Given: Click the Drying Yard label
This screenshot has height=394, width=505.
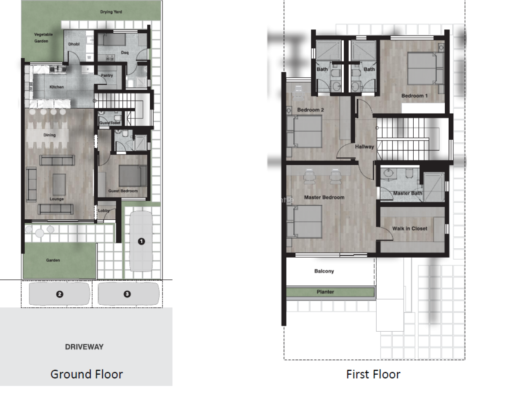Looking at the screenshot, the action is pos(111,12).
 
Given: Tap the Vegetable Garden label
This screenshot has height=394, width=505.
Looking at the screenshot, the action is pos(43,37).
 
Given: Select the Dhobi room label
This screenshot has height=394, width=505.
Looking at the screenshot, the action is pos(74,44).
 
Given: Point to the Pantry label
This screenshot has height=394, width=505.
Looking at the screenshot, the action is pos(107,75).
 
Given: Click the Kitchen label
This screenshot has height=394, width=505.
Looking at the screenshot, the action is pos(57,87).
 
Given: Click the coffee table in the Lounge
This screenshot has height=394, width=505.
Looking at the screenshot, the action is pos(59,184).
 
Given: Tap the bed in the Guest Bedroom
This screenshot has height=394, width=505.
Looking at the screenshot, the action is pos(133,176).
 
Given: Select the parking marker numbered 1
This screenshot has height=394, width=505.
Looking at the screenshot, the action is pos(141,242).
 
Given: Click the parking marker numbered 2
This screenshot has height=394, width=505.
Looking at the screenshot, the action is pos(60,294).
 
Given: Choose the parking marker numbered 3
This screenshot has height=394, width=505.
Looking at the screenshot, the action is pos(127,294).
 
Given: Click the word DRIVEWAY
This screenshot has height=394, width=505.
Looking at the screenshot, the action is pos(84,347).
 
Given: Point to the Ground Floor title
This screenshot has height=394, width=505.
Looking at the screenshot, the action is pos(86,375).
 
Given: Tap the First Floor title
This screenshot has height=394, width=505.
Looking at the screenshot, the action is pos(373,375).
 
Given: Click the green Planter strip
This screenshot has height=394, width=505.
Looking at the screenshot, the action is pos(330,292).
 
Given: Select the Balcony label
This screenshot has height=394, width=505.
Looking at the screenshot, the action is pos(324,271).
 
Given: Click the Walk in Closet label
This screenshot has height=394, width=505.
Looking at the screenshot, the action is pos(410,229).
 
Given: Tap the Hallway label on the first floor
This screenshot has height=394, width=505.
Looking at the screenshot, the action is pos(364,146).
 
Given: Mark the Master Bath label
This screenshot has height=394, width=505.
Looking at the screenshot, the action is pos(408,193).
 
